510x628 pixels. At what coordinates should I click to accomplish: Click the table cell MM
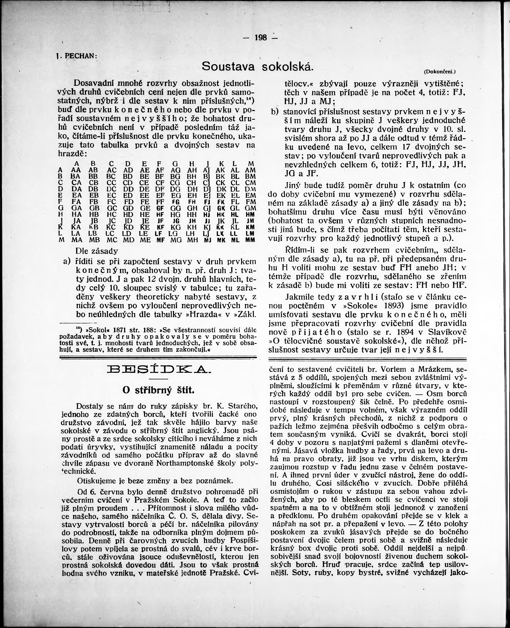tap(250, 240)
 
